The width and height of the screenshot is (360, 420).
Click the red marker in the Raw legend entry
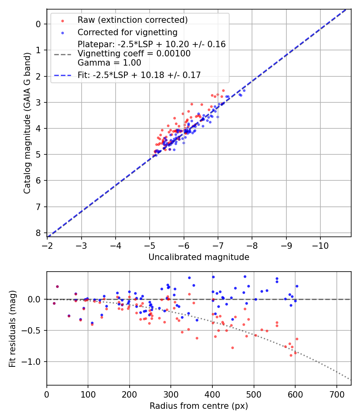62,20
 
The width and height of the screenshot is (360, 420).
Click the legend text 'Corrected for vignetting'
128,32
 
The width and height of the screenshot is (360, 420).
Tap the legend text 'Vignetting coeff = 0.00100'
134,54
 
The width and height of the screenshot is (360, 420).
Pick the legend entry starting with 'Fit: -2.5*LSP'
139,75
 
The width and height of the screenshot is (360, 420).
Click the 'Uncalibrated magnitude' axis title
199,257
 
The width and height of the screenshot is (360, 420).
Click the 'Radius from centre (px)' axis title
199,406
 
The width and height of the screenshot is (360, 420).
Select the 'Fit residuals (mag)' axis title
12,329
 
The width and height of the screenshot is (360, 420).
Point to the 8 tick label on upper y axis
38,233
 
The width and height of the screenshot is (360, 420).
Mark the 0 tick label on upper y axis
38,24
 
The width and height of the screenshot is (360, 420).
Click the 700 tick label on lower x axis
336,394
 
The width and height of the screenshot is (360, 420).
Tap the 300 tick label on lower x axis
171,394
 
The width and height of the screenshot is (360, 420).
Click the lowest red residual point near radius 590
291,355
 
